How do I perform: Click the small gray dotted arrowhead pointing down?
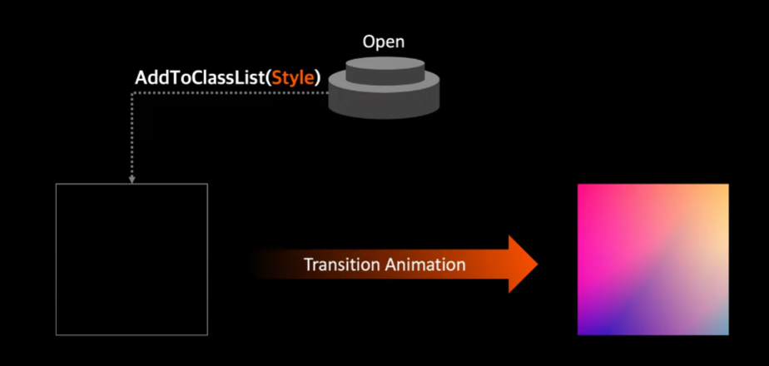tap(131, 178)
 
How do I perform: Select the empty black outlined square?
tap(131, 260)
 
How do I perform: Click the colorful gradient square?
tap(652, 260)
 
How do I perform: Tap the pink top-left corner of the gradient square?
tap(586, 193)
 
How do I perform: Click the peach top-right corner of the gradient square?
tap(720, 193)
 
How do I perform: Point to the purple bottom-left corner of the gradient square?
tap(586, 327)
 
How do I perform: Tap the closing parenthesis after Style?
tap(318, 79)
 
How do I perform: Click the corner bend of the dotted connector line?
tap(131, 93)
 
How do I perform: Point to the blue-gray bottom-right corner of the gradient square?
tap(720, 327)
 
